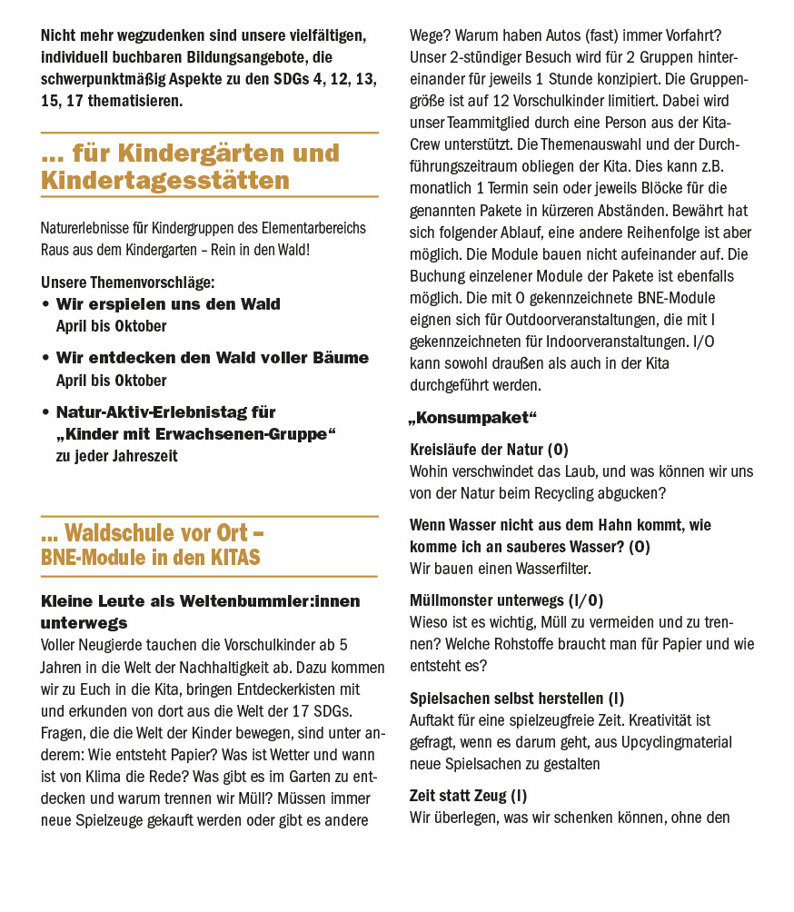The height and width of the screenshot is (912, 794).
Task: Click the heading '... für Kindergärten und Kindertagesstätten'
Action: [190, 166]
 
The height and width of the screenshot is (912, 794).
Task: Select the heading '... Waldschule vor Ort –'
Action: [153, 532]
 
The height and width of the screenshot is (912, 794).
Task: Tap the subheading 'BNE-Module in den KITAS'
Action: [150, 557]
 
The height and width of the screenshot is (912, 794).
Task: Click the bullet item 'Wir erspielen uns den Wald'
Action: [168, 304]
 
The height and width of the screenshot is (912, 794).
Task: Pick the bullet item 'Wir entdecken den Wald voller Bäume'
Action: [213, 358]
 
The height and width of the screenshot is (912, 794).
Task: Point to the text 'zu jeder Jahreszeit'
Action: [116, 456]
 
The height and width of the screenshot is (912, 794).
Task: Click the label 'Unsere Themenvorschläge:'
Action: [127, 283]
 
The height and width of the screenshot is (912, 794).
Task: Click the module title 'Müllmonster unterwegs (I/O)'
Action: [506, 600]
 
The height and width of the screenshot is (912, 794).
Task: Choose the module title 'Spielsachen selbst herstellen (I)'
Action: [517, 699]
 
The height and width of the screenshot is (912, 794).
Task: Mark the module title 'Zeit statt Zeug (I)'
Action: [468, 796]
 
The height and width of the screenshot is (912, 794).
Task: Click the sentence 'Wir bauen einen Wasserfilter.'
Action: [500, 569]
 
